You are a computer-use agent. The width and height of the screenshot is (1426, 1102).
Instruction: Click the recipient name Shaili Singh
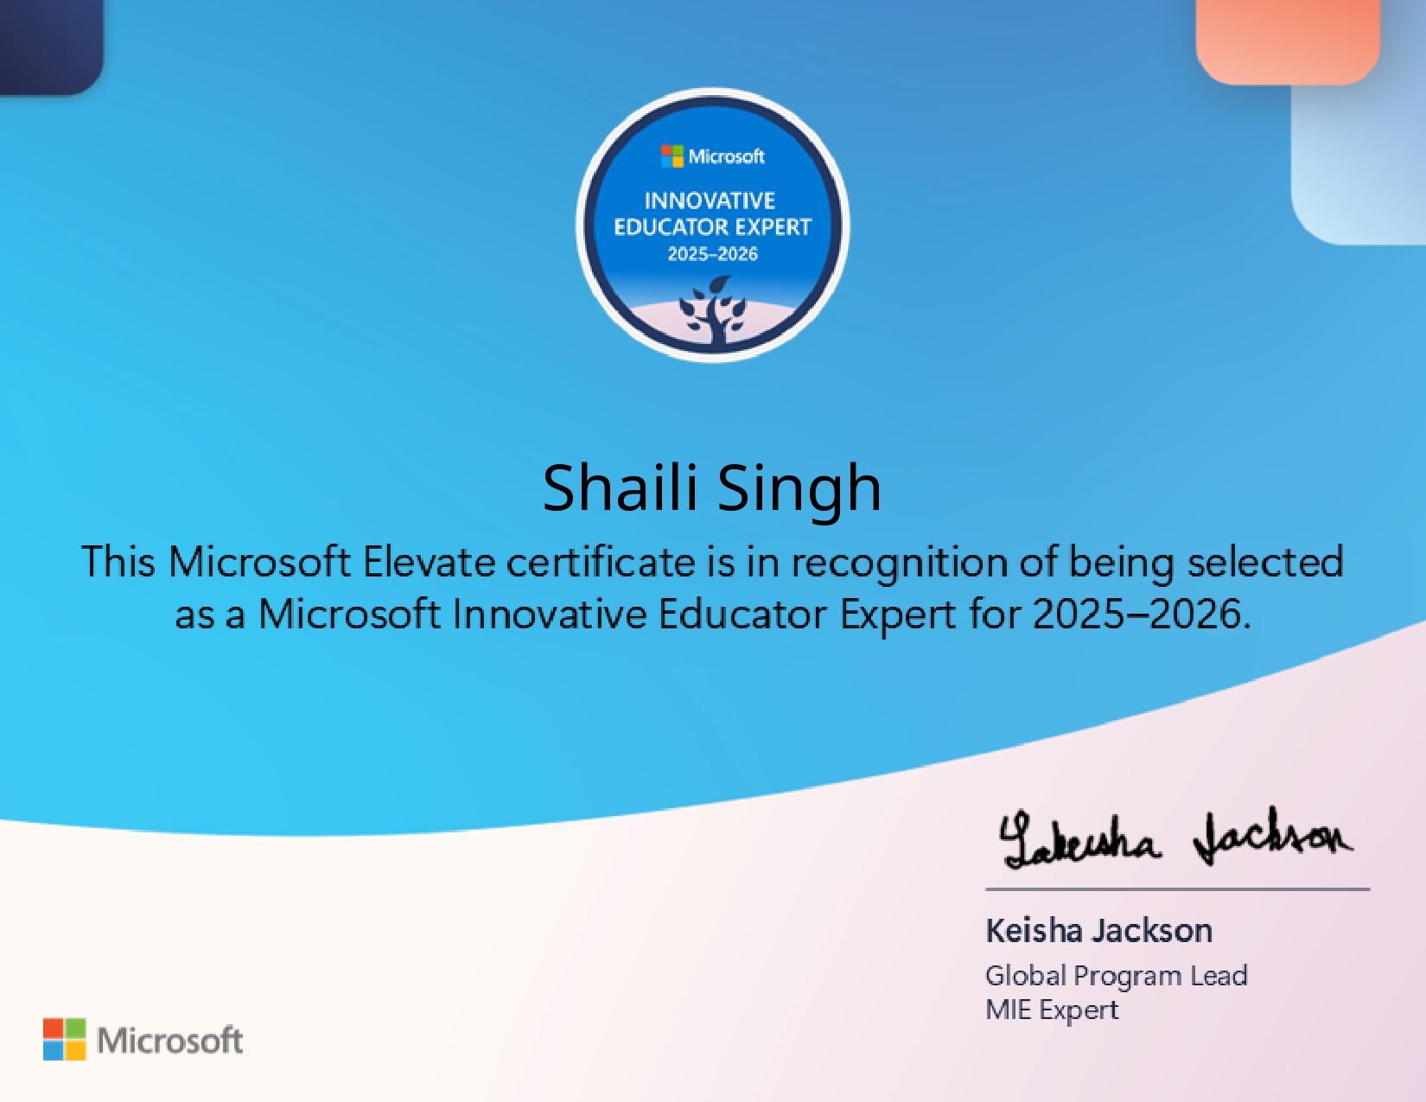pos(712,489)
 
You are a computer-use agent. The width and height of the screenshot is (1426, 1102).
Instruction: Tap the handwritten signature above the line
pos(1175,838)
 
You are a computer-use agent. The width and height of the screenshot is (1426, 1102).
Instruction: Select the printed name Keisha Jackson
pos(1099,931)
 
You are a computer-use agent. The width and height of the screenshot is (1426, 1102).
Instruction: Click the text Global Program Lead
pos(1117,976)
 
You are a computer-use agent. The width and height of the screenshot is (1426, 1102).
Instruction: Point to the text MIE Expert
pos(1052,1010)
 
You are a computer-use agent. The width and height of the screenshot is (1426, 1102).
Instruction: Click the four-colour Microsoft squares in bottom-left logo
pos(64,1039)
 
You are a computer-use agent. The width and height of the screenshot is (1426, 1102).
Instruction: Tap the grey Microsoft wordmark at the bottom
pos(170,1041)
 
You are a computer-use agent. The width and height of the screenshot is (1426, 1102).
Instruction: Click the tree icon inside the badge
pos(713,309)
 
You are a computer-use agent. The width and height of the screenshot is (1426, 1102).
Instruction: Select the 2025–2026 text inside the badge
pos(713,254)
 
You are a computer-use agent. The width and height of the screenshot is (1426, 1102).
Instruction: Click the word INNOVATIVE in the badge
pos(710,201)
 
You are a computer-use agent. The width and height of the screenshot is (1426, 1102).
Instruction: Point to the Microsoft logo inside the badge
pos(713,156)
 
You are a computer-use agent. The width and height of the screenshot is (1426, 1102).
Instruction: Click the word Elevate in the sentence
pos(430,563)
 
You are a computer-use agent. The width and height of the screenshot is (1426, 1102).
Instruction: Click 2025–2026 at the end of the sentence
pos(1142,615)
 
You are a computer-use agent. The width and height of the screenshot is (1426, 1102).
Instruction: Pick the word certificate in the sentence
pos(601,563)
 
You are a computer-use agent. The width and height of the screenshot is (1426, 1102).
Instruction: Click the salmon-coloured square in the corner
pos(1288,41)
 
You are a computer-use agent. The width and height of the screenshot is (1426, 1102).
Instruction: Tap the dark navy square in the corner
pos(51,46)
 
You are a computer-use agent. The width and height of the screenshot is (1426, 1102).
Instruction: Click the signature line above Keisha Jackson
pos(1177,890)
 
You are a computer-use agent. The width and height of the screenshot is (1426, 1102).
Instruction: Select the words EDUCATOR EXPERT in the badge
pos(713,227)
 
